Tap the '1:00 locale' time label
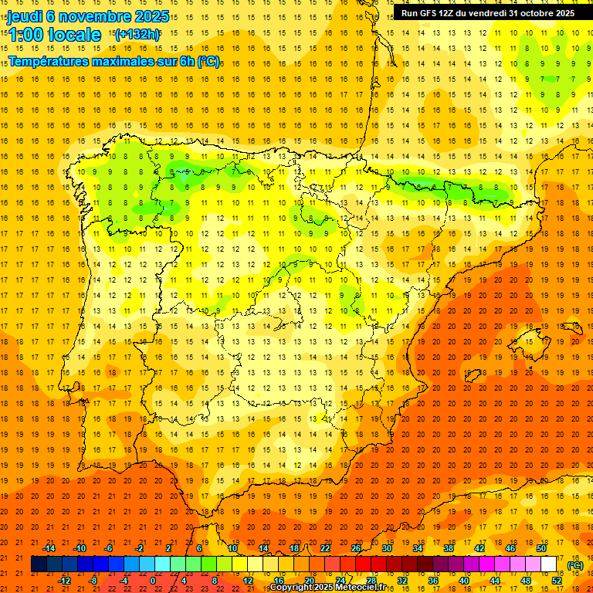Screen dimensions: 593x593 tap(55, 35)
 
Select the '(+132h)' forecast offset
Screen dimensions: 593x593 tap(137, 34)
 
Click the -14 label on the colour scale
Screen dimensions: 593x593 tap(49, 548)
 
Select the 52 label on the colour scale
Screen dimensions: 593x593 tap(557, 581)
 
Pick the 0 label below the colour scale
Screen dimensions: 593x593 tap(153, 581)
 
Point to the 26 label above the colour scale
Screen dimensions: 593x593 tap(356, 548)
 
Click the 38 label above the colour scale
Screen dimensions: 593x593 tap(449, 548)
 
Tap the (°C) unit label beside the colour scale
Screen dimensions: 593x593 tap(574, 565)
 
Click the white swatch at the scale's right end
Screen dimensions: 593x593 tap(549, 564)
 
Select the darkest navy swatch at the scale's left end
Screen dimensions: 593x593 tap(39, 564)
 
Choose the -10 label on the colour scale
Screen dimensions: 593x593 tap(80, 548)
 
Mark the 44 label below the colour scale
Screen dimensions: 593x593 tap(495, 581)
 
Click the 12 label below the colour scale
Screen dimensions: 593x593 tap(248, 581)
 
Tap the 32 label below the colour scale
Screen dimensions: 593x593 tap(402, 581)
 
